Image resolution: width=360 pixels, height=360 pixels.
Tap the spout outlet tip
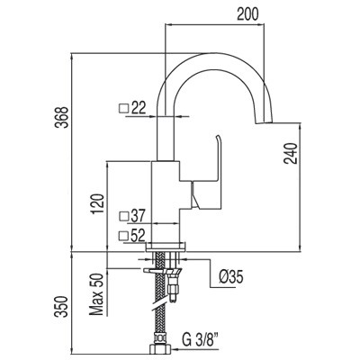click(x=267, y=124)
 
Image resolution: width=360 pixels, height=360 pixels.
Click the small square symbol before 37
click(x=122, y=216)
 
